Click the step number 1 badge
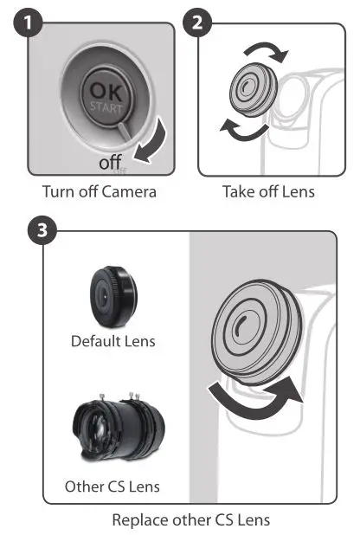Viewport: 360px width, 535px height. pyautogui.click(x=32, y=22)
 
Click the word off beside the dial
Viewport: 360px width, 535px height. pyautogui.click(x=110, y=161)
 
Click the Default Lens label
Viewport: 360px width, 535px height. pyautogui.click(x=112, y=341)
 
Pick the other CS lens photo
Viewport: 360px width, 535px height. pyautogui.click(x=112, y=429)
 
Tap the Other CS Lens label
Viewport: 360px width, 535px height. pyautogui.click(x=112, y=487)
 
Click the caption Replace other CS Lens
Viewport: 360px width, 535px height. pyautogui.click(x=190, y=520)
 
